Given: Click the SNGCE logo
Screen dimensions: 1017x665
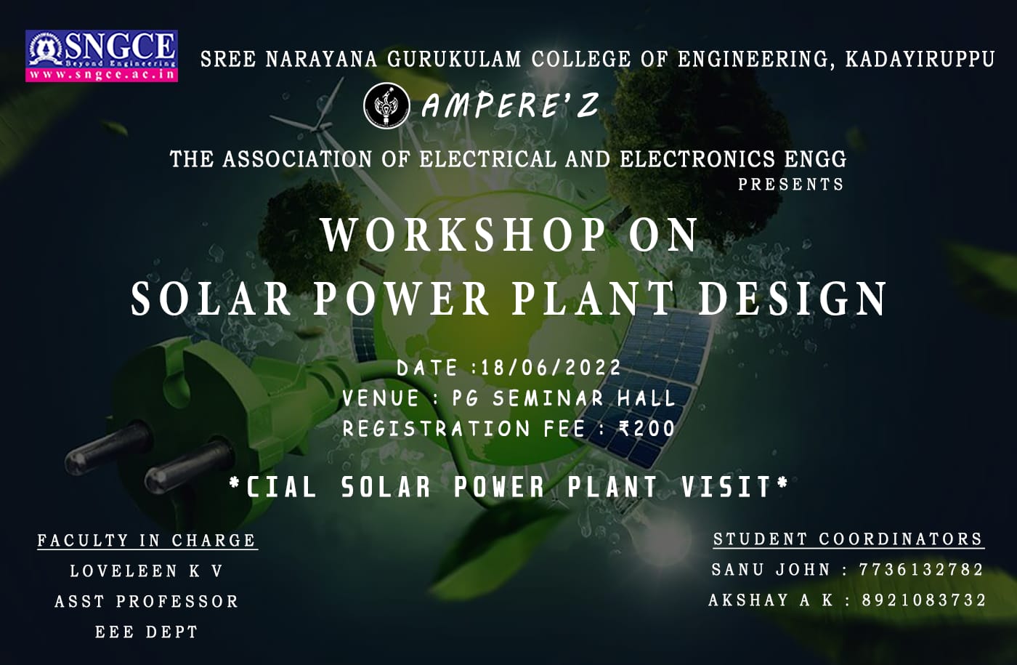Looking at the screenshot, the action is coord(101,56).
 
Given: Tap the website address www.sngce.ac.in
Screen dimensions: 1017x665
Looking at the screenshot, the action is coord(102,75).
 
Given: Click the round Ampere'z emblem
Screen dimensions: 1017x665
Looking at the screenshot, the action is coord(386,106).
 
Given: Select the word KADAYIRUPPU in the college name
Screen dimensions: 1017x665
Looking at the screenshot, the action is coord(920,60).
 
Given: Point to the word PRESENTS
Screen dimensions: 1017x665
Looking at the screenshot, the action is coord(790,184).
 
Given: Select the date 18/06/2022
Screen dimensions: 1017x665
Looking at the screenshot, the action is coord(551,368).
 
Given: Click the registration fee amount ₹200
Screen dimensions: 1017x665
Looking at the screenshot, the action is coord(647,429).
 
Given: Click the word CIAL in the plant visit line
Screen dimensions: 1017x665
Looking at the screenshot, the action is coord(281,487).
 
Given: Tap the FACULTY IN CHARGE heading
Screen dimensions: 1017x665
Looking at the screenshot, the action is coord(147,541).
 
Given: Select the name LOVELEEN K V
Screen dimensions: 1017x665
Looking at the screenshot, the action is coord(146,571).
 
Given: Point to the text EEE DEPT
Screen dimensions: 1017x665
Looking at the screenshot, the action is coord(146,632).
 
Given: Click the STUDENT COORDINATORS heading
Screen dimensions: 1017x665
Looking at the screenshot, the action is coord(848,539).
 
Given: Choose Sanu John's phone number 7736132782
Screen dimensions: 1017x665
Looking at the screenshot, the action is coord(921,570).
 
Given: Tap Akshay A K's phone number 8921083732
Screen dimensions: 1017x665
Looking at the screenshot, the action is coord(924,600).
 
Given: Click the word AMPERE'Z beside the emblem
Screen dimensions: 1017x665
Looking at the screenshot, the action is coord(510,105).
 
